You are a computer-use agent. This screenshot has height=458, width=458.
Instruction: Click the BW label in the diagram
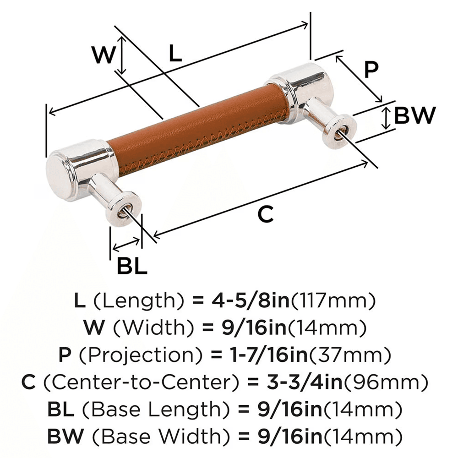click(x=414, y=116)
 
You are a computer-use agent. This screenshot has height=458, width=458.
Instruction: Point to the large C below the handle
click(x=265, y=213)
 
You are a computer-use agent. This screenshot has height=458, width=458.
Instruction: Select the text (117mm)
click(x=334, y=301)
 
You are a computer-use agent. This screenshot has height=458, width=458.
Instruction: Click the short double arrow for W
click(x=121, y=55)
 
